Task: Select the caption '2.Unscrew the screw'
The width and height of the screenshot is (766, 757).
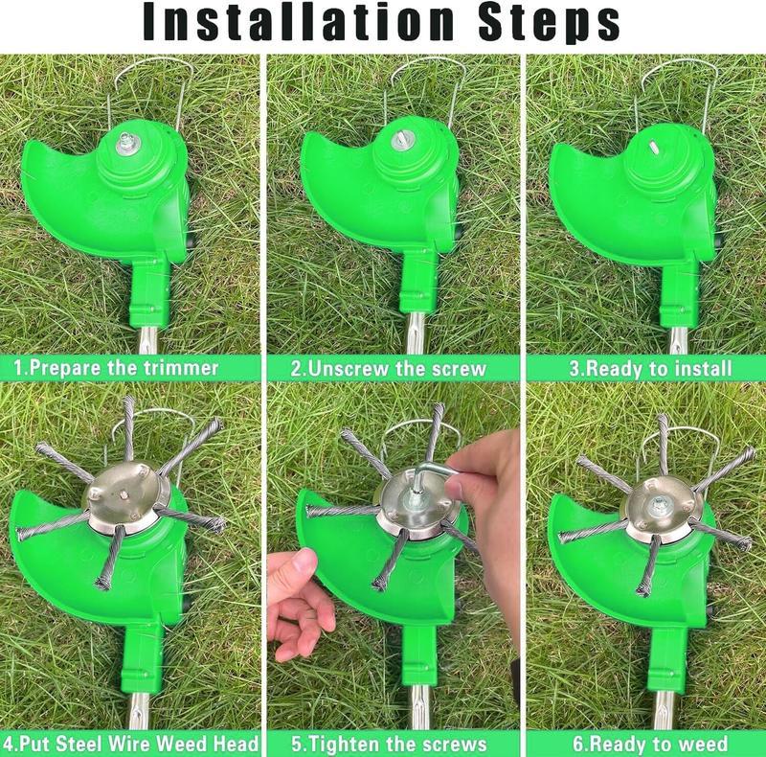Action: pyautogui.click(x=389, y=368)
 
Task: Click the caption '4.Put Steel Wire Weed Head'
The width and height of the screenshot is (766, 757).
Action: pyautogui.click(x=130, y=744)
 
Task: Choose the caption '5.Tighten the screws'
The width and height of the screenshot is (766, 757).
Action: pyautogui.click(x=389, y=744)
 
